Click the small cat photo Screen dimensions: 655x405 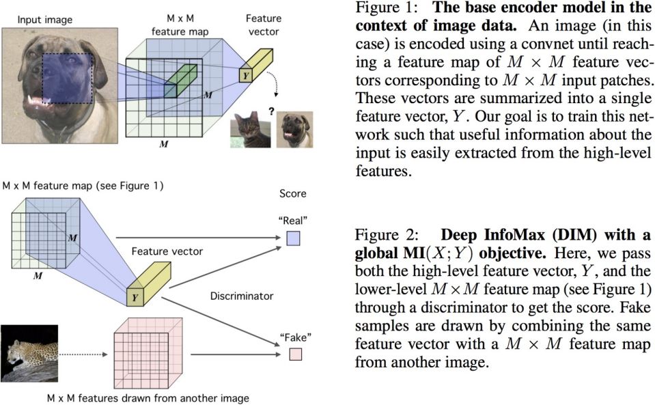tap(251, 129)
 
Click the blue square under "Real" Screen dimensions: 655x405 tap(294, 238)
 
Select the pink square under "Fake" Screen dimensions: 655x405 tap(295, 354)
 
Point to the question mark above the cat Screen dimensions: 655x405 tap(271, 106)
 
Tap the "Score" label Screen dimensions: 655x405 tap(293, 193)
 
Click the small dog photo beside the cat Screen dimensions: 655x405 tap(294, 129)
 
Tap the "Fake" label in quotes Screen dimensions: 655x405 tap(295, 337)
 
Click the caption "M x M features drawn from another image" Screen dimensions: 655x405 tap(148, 397)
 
